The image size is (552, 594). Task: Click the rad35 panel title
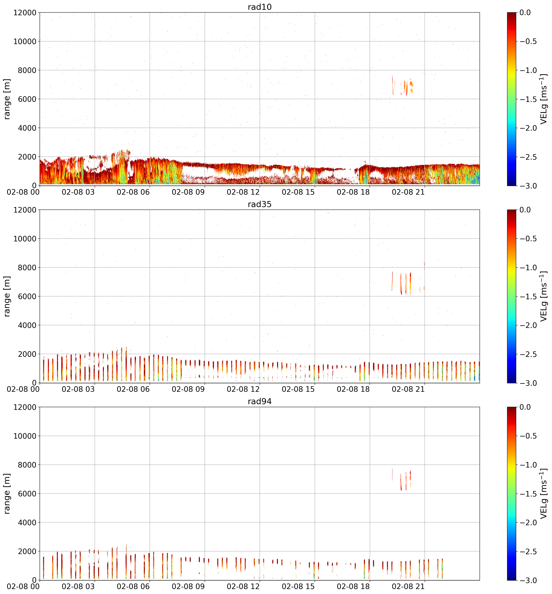coord(260,204)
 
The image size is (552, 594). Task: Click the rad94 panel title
coord(260,402)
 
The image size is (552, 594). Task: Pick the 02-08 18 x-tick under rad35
coord(353,389)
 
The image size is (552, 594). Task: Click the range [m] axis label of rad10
coord(7,99)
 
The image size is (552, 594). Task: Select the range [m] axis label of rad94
coord(7,494)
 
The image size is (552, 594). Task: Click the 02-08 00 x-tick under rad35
coord(23,389)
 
